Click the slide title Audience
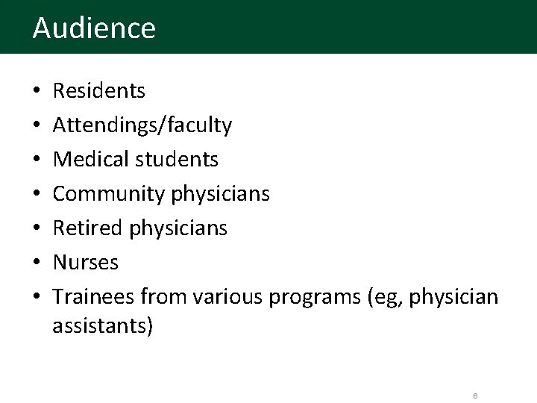[x=94, y=28]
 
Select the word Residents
[x=99, y=92]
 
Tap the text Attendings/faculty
[x=142, y=126]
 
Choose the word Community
[x=109, y=194]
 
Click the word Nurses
[x=86, y=263]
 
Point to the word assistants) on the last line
[x=104, y=326]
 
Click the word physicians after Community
[x=221, y=195]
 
